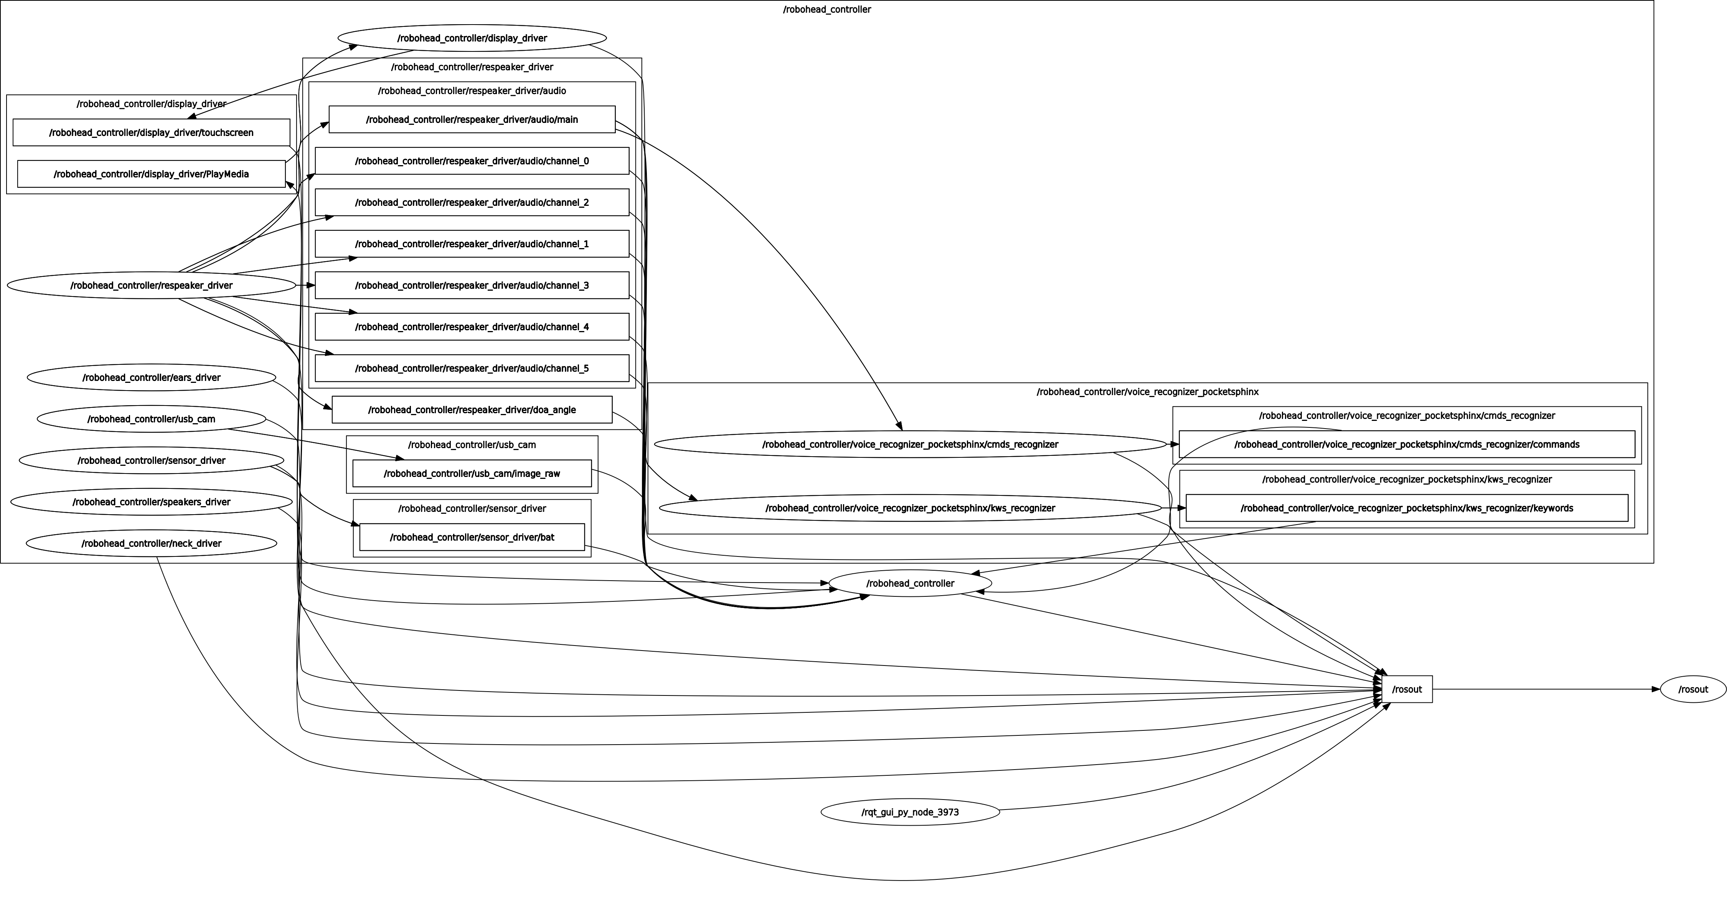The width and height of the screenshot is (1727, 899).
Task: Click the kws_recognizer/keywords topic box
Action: click(x=1407, y=508)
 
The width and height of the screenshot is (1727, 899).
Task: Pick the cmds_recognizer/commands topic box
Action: click(x=1407, y=444)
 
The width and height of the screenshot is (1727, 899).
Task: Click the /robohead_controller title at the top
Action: click(x=826, y=9)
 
